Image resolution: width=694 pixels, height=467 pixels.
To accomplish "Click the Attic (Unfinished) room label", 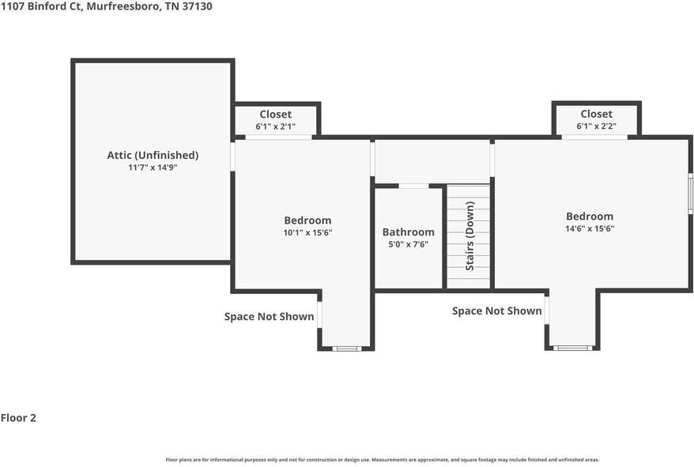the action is [153, 156].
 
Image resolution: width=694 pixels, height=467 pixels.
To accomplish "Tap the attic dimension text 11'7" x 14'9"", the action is [153, 168].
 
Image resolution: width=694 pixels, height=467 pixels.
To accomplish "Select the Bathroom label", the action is [408, 232].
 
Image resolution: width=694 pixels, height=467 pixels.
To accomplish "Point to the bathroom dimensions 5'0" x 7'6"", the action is [408, 244].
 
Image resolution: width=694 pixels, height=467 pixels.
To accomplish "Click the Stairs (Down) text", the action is [470, 236].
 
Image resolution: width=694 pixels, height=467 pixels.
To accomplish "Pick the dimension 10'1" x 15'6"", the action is [307, 232].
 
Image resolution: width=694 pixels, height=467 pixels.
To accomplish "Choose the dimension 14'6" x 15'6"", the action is [590, 228].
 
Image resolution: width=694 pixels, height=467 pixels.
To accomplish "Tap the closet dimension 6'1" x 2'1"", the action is [275, 126].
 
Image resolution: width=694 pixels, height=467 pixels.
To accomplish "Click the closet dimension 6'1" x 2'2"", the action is [596, 126].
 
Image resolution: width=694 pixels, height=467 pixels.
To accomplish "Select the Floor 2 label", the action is [18, 418].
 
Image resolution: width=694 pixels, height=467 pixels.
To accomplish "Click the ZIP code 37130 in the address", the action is [197, 6].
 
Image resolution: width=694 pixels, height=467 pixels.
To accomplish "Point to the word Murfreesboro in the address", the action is [123, 6].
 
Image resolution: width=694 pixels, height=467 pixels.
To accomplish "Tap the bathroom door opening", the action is [414, 186].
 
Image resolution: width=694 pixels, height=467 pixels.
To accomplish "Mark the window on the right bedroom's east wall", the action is [690, 193].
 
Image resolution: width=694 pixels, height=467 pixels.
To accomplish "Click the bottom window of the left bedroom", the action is [347, 348].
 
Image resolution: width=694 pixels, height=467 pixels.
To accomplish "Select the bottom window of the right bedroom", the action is [573, 348].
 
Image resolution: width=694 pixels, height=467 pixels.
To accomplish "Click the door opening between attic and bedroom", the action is [232, 156].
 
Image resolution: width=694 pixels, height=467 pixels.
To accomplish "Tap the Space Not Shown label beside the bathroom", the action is [496, 311].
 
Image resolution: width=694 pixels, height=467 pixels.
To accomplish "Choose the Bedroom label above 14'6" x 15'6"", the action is [590, 217].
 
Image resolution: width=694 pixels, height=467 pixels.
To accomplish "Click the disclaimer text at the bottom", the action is [383, 460].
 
